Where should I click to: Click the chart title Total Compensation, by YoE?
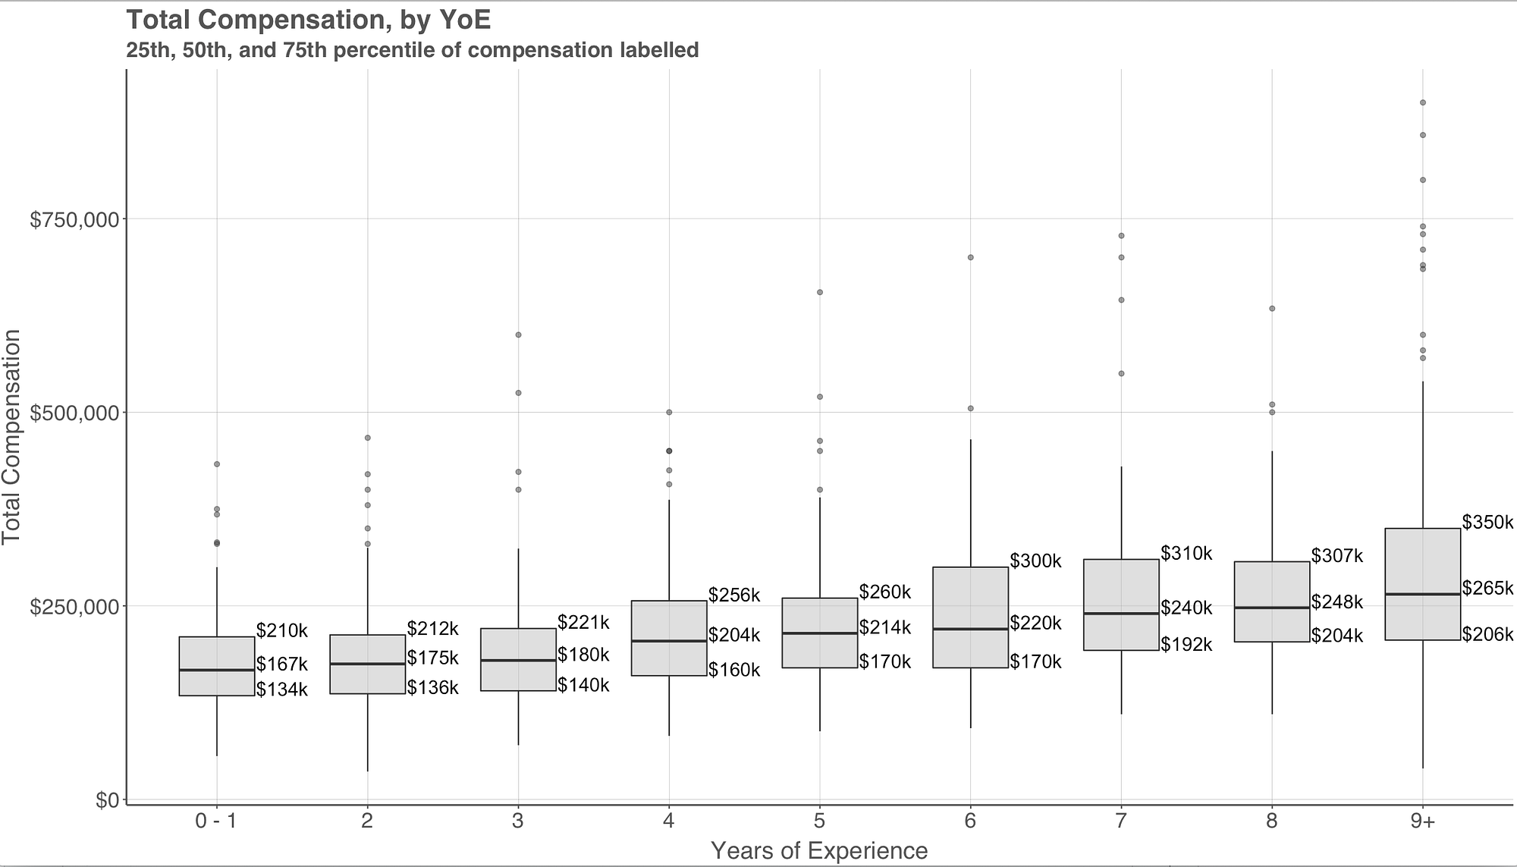(308, 20)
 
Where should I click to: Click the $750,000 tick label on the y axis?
(74, 220)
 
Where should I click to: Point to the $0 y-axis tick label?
(106, 801)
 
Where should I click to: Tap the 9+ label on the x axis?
(1423, 821)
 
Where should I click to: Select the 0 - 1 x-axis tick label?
(216, 821)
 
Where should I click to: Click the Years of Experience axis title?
(819, 851)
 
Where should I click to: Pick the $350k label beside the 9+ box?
(1487, 523)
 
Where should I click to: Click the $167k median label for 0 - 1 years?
(281, 665)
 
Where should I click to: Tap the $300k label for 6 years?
(1035, 562)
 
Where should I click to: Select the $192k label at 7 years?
(1186, 646)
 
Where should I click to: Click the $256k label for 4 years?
(734, 595)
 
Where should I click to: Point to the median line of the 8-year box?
(1272, 608)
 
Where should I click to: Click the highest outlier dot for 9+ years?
(1423, 102)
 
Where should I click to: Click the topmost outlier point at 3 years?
(518, 335)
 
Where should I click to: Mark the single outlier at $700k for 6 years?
(970, 257)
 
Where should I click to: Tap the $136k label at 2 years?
(432, 688)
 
